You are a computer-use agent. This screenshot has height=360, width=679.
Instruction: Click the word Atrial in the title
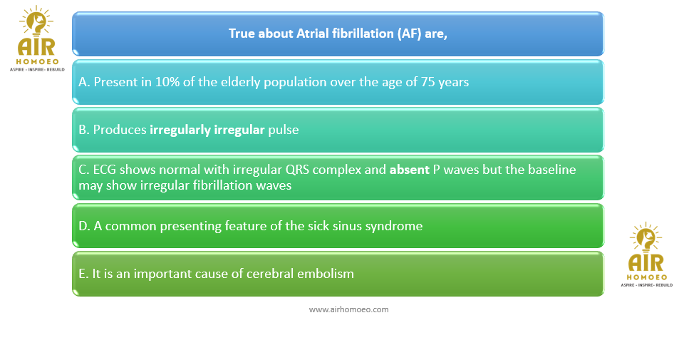(x=311, y=34)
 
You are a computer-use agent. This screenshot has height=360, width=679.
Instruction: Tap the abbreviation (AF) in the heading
(x=409, y=34)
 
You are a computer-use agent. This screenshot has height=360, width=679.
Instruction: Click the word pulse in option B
(x=283, y=130)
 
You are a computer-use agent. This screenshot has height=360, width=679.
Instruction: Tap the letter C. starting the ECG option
(x=84, y=170)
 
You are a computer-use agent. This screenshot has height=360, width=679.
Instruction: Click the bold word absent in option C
(x=409, y=170)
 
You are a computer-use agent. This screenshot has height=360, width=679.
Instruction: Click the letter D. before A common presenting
(x=84, y=226)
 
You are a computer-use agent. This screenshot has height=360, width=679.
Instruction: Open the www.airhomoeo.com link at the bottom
(x=348, y=309)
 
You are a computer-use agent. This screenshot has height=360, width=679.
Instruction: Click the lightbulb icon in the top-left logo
(x=36, y=21)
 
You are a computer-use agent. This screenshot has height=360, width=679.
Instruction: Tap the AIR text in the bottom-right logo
(x=646, y=263)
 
